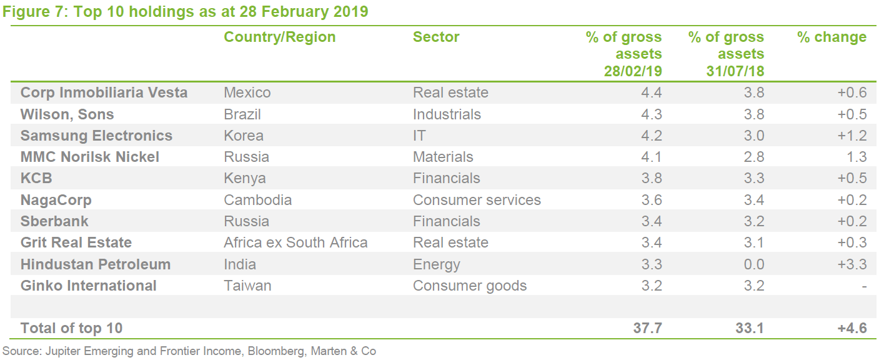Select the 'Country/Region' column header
[279, 37]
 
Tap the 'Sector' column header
[436, 37]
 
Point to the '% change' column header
[832, 37]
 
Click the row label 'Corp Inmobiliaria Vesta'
[104, 93]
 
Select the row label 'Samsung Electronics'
[96, 136]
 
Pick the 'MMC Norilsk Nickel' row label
[90, 157]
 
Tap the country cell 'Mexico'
[247, 93]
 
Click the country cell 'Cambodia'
[257, 200]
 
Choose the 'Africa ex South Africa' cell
[295, 242]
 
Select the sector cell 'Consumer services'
[477, 200]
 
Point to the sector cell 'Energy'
[436, 264]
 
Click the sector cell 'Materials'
[443, 157]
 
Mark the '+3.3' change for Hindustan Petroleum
[852, 264]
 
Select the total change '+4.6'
[852, 328]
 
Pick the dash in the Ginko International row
[863, 286]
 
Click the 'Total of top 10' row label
[71, 328]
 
